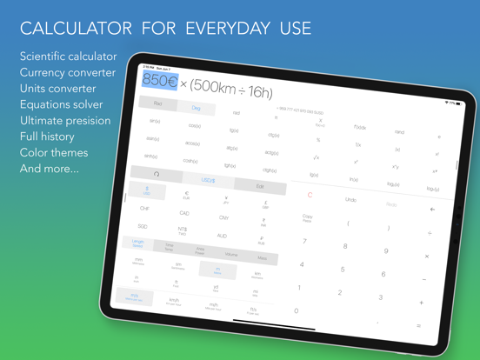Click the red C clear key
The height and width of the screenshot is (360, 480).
[x=310, y=195]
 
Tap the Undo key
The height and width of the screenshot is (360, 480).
[x=351, y=200]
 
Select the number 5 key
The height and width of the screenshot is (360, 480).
[x=343, y=270]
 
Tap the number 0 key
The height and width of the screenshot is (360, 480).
[x=296, y=310]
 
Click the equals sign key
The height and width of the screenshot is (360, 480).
[x=418, y=325]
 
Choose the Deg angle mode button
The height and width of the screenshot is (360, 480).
[x=196, y=109]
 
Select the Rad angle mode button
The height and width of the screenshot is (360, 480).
[x=157, y=103]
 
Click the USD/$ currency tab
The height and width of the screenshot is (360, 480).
[x=210, y=180]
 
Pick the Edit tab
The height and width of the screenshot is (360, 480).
[x=260, y=186]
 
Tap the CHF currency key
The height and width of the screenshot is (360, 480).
[x=144, y=209]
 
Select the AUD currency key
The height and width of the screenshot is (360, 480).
[x=222, y=236]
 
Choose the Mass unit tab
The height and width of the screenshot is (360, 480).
[x=262, y=258]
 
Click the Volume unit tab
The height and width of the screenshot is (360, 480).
[x=231, y=255]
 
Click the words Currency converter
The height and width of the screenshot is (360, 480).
[x=67, y=72]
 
